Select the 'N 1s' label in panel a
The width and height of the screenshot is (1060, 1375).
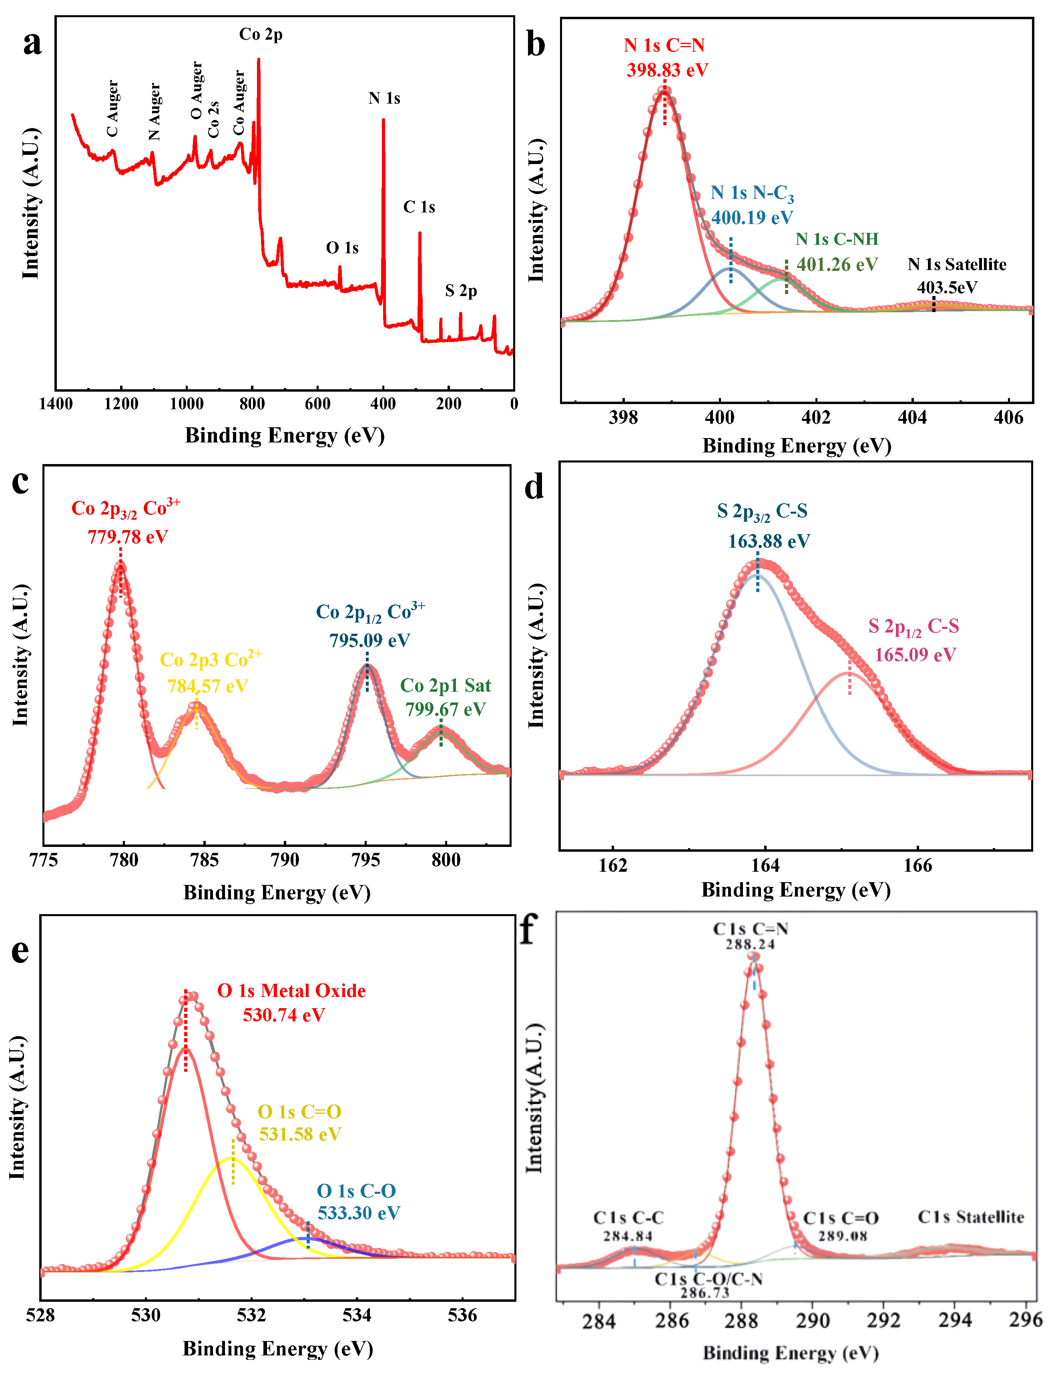tap(384, 98)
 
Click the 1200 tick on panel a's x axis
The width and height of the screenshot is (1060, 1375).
tap(121, 404)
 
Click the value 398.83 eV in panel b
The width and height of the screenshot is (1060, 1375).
tap(667, 70)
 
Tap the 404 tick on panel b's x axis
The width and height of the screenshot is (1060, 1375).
tap(912, 417)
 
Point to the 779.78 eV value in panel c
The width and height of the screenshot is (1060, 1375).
tap(128, 537)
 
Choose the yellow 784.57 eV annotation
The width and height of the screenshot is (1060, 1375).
tap(207, 686)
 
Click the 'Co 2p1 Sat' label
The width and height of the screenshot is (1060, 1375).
tap(445, 685)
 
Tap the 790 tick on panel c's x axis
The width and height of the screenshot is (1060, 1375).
tap(285, 860)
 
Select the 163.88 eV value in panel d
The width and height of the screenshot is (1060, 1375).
tap(769, 541)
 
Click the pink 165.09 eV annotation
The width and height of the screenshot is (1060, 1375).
tap(915, 655)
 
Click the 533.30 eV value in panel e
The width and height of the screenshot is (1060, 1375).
tap(358, 1213)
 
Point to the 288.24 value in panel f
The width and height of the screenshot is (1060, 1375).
tap(750, 945)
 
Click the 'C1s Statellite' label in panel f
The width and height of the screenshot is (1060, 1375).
tap(971, 1217)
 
